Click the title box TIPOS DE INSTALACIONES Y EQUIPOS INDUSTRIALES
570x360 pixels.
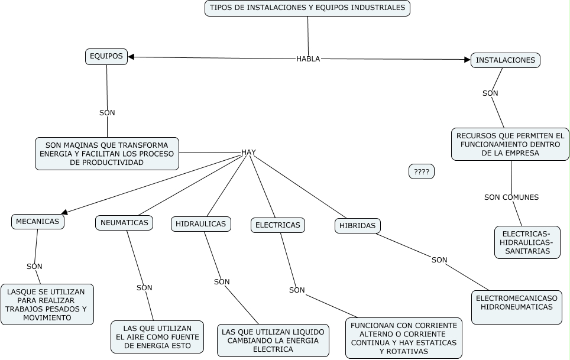point(307,8)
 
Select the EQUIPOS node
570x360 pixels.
point(106,57)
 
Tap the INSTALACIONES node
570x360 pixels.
point(505,60)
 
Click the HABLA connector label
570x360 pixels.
point(308,59)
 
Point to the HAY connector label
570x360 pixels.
point(248,152)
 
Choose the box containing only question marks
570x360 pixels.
point(421,171)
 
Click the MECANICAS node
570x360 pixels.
point(37,222)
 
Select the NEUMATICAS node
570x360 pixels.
point(124,223)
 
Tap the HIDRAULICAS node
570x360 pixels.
point(201,224)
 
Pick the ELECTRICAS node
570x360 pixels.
point(278,225)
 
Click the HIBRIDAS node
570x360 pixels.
point(357,226)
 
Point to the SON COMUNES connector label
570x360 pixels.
point(511,197)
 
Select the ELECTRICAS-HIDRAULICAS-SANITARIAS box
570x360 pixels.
point(527,242)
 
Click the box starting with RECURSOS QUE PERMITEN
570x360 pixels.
point(510,144)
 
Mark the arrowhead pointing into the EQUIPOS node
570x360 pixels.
point(132,57)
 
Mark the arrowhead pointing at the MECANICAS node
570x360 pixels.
point(64,212)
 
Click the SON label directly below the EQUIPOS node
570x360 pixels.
point(107,112)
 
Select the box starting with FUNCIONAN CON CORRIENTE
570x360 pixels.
point(403,338)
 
